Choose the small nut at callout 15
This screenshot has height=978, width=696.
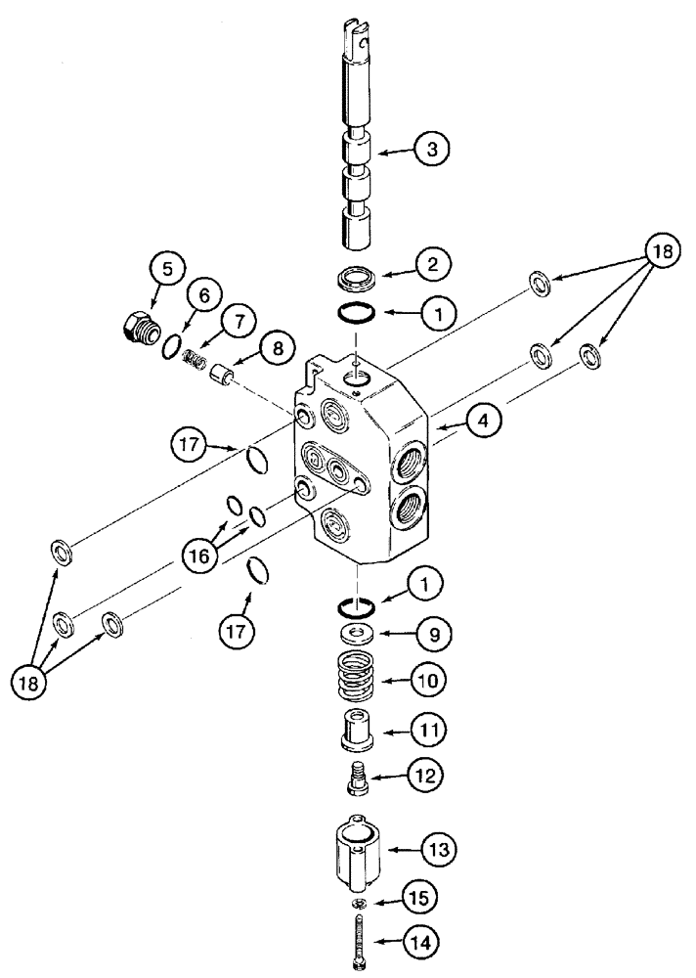tap(361, 900)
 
